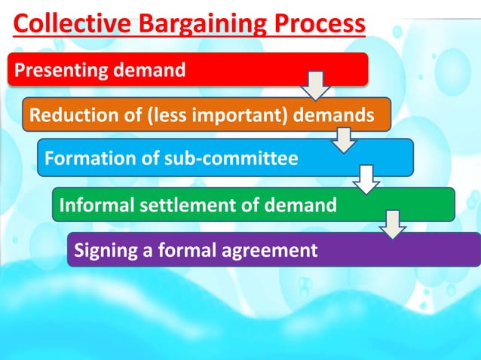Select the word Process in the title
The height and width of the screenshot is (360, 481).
click(x=317, y=25)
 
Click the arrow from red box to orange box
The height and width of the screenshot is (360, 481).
click(x=314, y=84)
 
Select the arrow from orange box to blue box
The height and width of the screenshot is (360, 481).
click(x=344, y=138)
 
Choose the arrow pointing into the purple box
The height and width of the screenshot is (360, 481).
click(x=394, y=224)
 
